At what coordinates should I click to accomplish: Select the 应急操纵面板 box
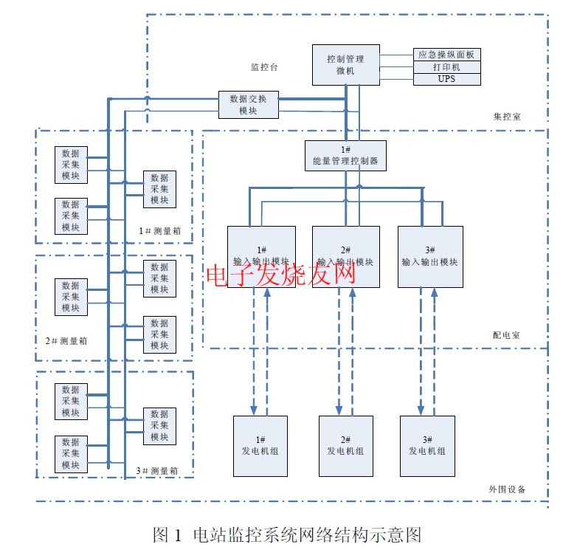(446, 55)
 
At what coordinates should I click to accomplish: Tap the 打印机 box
(446, 66)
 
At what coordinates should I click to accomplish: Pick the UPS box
(446, 78)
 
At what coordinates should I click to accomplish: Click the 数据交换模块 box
(249, 104)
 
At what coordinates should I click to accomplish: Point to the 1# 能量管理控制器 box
(345, 156)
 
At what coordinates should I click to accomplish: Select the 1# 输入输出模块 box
(262, 256)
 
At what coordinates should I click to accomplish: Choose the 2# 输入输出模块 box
(345, 256)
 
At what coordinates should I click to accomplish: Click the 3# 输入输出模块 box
(430, 256)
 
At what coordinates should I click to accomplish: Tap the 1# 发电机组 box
(260, 446)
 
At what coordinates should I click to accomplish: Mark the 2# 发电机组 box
(345, 446)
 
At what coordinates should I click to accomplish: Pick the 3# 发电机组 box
(427, 446)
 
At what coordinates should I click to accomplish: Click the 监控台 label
(263, 67)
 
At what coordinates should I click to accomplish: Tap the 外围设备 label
(507, 489)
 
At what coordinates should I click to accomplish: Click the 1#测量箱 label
(160, 232)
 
